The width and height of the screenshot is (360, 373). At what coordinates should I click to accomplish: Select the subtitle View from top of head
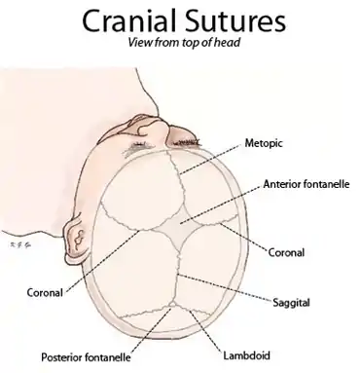pyautogui.click(x=181, y=45)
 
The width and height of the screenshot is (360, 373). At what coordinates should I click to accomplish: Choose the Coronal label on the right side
pyautogui.click(x=286, y=252)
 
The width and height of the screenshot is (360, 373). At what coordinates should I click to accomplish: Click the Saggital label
pyautogui.click(x=287, y=303)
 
